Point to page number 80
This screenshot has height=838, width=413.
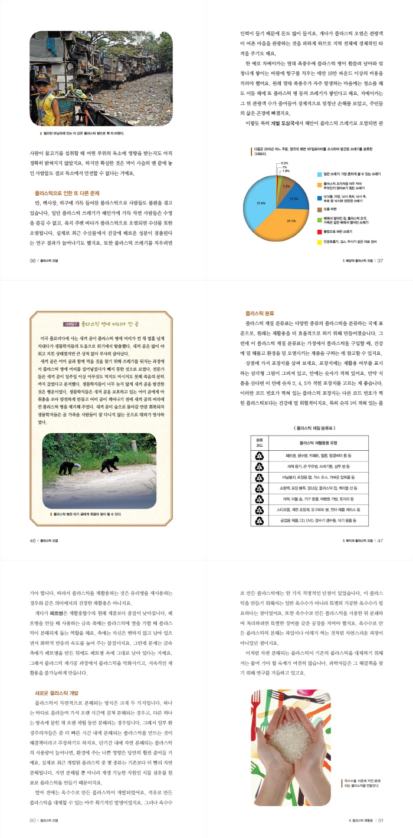click(33, 820)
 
